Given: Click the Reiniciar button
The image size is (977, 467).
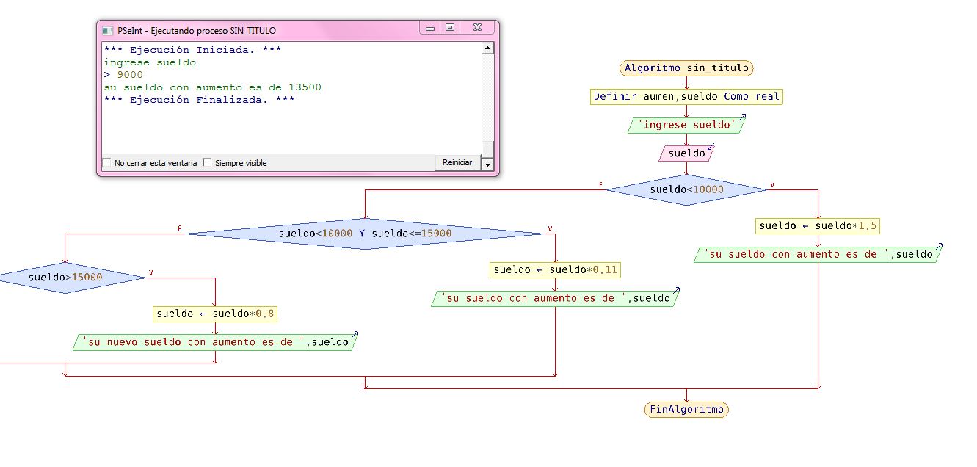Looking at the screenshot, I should click(x=457, y=162).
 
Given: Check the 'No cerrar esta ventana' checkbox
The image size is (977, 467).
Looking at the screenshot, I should click(x=107, y=163).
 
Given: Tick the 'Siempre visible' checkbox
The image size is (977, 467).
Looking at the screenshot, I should click(x=207, y=163).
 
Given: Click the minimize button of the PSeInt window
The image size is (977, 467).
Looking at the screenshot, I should click(x=430, y=28).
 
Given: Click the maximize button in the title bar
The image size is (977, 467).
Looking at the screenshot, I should click(x=450, y=28).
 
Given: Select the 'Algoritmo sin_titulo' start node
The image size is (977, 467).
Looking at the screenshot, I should click(x=686, y=68).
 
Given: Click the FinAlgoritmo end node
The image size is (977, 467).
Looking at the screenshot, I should click(x=686, y=409).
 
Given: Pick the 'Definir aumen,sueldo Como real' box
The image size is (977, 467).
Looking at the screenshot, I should click(x=686, y=96).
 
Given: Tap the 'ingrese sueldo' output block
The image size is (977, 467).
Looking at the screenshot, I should click(x=686, y=125).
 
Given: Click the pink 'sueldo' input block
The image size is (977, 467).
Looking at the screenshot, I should click(x=686, y=153).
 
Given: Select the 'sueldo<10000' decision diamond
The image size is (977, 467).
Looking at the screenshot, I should click(x=686, y=189).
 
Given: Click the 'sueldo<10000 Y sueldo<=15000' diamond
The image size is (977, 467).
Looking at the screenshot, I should click(x=365, y=233).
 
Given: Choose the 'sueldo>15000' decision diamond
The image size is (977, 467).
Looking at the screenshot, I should click(x=65, y=278).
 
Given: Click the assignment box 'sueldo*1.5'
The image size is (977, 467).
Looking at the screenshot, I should click(x=817, y=225).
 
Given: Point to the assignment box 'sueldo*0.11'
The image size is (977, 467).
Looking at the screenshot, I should click(x=555, y=269).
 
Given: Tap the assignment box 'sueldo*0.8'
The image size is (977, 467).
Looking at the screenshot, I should click(x=215, y=314).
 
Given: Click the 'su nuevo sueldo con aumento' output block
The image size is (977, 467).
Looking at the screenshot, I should click(x=215, y=342).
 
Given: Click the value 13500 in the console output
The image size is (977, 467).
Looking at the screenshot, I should click(x=305, y=87).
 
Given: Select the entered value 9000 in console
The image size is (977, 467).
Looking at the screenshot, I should click(x=130, y=75).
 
